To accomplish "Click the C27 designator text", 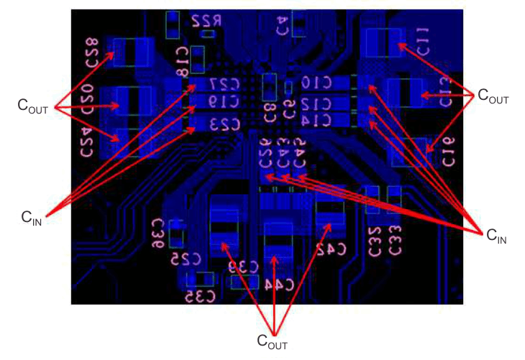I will coord(224,85).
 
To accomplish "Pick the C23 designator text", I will coord(224,124).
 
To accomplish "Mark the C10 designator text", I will coord(316,83).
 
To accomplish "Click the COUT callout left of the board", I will coord(33,106).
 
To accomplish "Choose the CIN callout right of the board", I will coord(497,234).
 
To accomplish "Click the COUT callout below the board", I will coord(273,341).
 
